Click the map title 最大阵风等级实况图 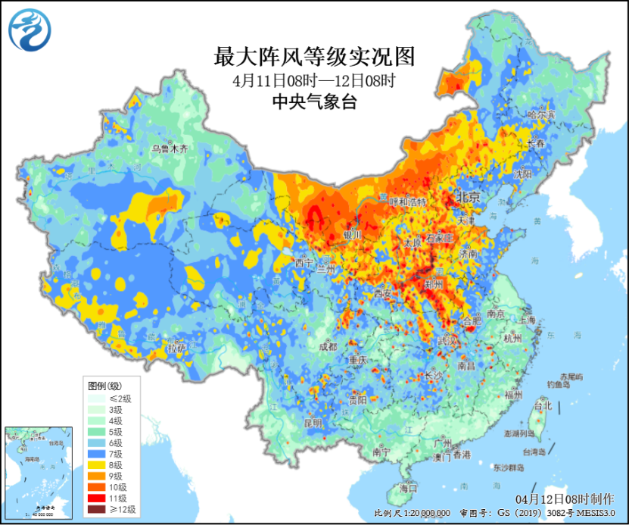pos(315,56)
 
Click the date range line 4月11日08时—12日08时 pos(315,80)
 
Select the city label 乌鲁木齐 pos(169,149)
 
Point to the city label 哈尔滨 pos(540,114)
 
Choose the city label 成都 pos(328,346)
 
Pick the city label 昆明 pos(313,422)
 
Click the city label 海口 pos(407,489)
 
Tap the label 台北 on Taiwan pos(543,405)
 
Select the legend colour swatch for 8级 pos(96,464)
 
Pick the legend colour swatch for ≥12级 pos(96,510)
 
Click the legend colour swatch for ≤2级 pos(96,398)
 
